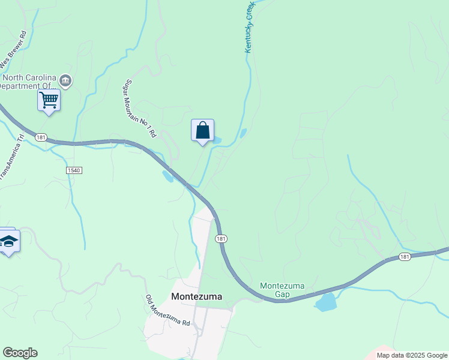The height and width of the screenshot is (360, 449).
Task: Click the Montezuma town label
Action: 196,296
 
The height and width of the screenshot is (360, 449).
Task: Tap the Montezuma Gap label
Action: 275,290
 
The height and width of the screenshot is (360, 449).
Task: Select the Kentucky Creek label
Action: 250,29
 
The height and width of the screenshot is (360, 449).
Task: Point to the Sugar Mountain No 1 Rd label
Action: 140,109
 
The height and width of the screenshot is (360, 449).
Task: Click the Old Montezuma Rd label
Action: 167,310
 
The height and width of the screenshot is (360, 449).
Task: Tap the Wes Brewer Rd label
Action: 14,49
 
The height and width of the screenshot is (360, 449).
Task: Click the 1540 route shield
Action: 73,170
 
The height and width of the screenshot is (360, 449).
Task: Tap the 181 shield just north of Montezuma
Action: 221,238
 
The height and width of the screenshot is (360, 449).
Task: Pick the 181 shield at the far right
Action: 405,257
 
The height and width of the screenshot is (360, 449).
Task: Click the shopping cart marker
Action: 49,100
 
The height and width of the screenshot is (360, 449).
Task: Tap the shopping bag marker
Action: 203,130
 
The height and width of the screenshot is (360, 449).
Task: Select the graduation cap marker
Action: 8,242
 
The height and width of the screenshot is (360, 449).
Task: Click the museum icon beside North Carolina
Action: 66,80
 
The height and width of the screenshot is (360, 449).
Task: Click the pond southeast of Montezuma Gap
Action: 327,302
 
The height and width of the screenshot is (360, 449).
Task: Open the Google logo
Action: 20,353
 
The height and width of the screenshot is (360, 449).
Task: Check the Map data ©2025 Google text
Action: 412,355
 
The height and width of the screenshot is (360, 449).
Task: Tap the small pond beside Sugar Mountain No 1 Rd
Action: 167,176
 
